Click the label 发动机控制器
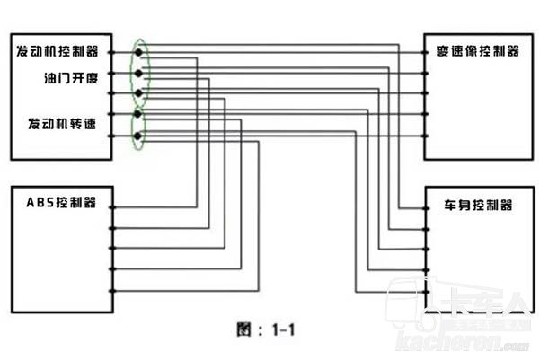(x=57, y=51)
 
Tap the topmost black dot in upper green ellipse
(x=138, y=51)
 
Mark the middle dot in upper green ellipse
(x=138, y=73)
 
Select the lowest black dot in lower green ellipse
(x=138, y=136)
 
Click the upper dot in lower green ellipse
(x=138, y=115)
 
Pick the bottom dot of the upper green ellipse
(x=138, y=93)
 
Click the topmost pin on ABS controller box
(x=112, y=207)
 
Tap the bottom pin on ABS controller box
(x=112, y=292)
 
